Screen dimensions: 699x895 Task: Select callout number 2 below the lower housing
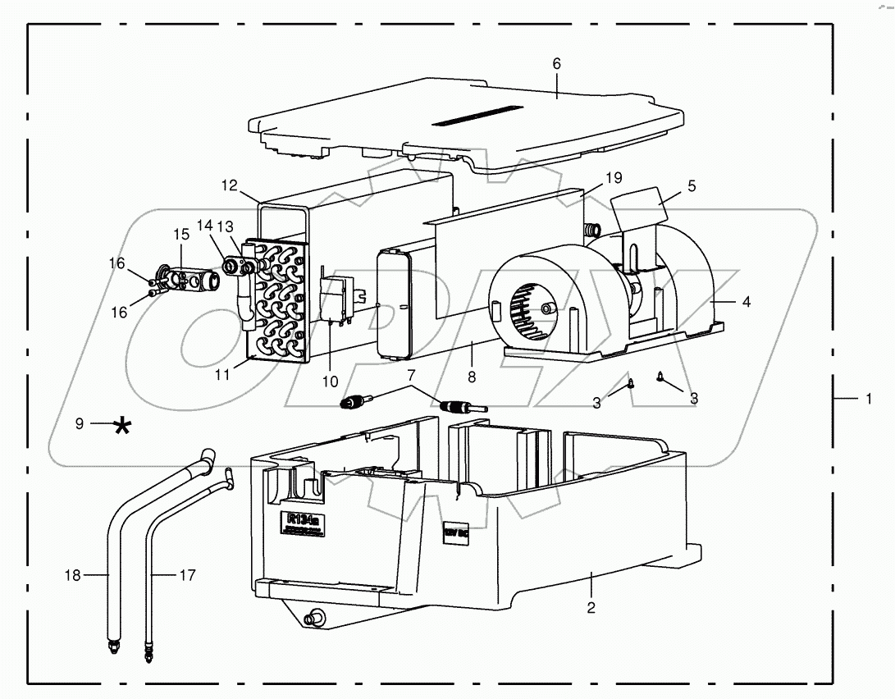pos(591,608)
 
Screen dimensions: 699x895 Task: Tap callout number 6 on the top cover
pos(556,63)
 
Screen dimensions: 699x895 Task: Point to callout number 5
pos(692,186)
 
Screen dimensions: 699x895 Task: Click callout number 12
pos(229,185)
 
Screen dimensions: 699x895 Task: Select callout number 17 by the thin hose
pos(187,575)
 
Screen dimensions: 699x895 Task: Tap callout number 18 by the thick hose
pos(74,575)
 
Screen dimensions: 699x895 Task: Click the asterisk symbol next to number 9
pos(122,425)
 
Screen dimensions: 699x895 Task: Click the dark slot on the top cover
pos(478,114)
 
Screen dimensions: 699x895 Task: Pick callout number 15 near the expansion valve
pos(180,234)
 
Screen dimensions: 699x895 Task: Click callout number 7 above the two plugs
pos(412,376)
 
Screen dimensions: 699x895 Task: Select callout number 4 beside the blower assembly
pos(746,301)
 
